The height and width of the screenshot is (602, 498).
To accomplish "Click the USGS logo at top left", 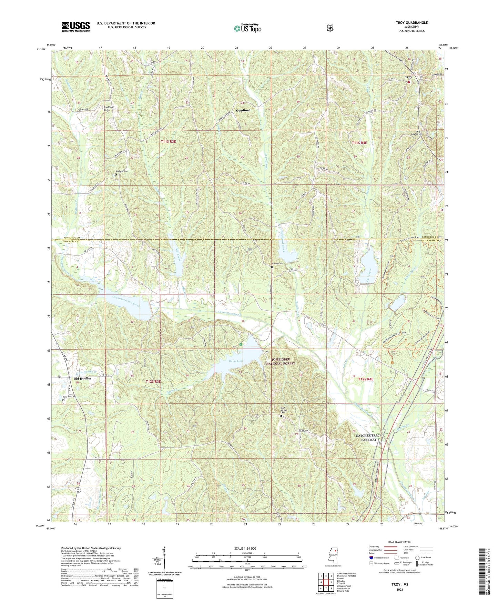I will (x=76, y=27).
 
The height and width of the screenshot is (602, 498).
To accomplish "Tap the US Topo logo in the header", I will (x=247, y=28).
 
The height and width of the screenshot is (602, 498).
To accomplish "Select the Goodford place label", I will (x=243, y=110).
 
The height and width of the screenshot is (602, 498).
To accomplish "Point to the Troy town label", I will (x=408, y=77).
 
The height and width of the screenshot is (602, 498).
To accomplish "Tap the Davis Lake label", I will (x=236, y=361).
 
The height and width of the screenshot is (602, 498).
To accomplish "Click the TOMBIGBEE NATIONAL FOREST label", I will (x=281, y=361).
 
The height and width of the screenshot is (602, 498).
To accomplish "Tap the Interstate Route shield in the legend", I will (x=370, y=558).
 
